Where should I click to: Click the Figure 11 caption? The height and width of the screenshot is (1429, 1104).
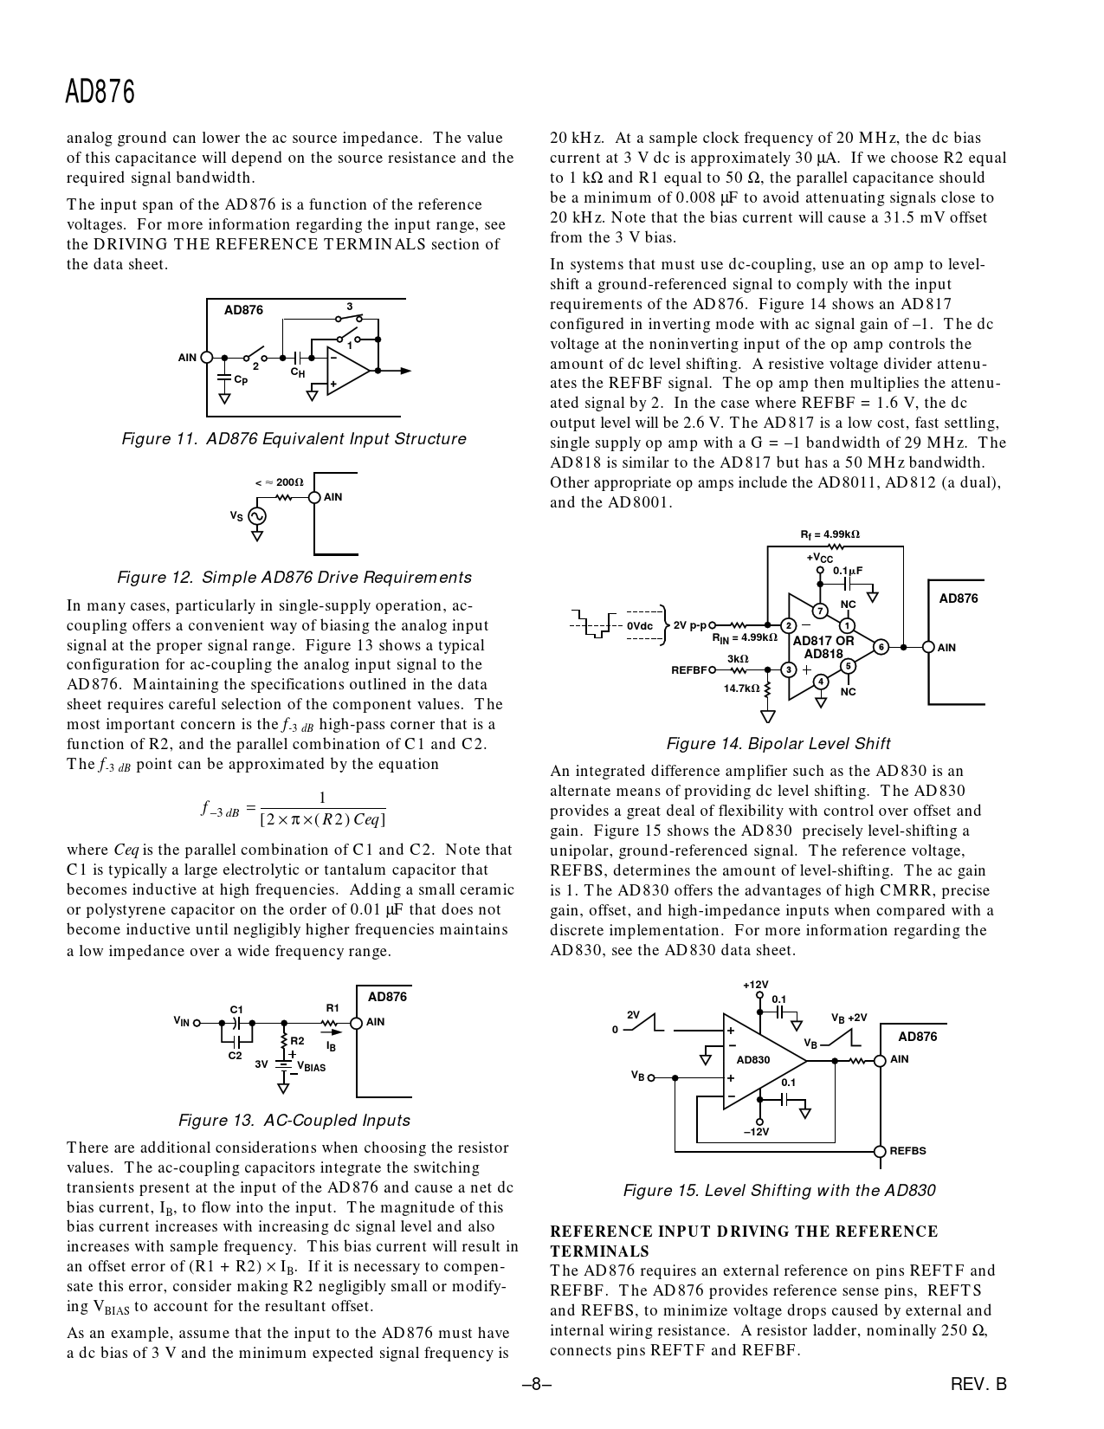[294, 439]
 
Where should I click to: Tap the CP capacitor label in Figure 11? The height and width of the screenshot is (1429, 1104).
[241, 379]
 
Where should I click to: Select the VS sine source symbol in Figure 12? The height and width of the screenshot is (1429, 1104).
[256, 516]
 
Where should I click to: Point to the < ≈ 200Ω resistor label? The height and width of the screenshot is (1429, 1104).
[278, 482]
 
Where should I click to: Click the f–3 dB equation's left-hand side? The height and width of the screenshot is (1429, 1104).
[220, 810]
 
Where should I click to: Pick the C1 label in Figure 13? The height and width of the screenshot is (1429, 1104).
[236, 1009]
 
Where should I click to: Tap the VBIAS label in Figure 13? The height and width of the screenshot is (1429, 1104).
[311, 1067]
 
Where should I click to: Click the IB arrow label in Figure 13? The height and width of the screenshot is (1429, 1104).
[331, 1046]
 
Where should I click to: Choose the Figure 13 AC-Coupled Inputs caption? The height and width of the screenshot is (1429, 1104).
[294, 1121]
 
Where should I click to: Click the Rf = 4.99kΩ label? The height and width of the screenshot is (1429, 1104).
[830, 534]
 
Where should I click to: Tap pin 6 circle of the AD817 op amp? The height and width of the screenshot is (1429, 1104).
[881, 647]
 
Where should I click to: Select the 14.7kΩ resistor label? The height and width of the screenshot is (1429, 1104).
[741, 689]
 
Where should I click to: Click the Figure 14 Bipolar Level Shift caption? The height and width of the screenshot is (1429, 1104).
[778, 744]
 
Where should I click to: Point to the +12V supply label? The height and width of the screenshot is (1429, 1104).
[755, 985]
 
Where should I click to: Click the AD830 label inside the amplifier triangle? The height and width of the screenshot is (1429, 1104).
[752, 1059]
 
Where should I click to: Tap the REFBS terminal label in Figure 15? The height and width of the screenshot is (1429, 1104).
[907, 1151]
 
